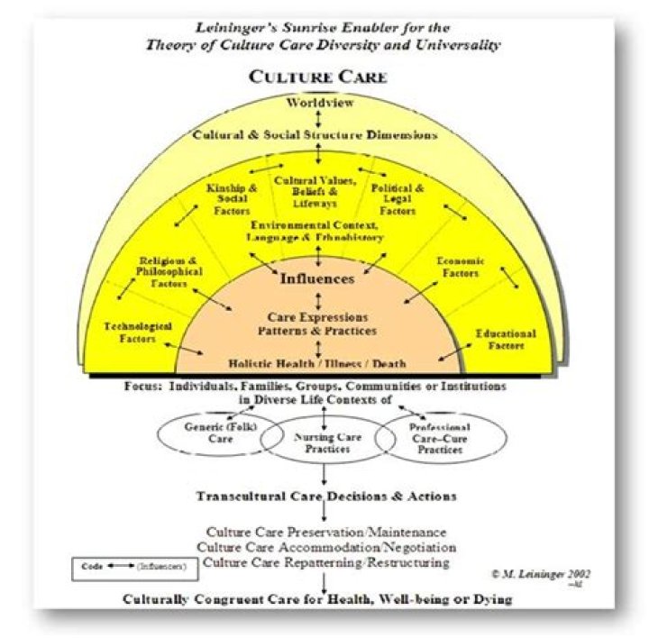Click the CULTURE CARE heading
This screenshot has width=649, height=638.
pyautogui.click(x=318, y=77)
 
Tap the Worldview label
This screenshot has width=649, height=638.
pyautogui.click(x=318, y=104)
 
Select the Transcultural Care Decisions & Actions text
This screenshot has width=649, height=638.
pyautogui.click(x=325, y=497)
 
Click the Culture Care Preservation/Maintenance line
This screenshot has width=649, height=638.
pyautogui.click(x=325, y=532)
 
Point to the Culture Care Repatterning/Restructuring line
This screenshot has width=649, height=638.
pyautogui.click(x=325, y=561)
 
